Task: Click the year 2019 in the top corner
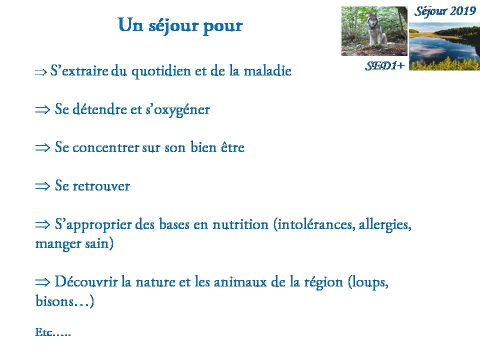click(463, 11)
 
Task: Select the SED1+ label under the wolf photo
click(385, 65)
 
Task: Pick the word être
click(232, 147)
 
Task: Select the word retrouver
click(101, 186)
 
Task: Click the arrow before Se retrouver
click(42, 186)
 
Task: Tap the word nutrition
click(240, 224)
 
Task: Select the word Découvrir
click(86, 281)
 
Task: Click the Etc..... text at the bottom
click(53, 332)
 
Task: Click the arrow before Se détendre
click(42, 109)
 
